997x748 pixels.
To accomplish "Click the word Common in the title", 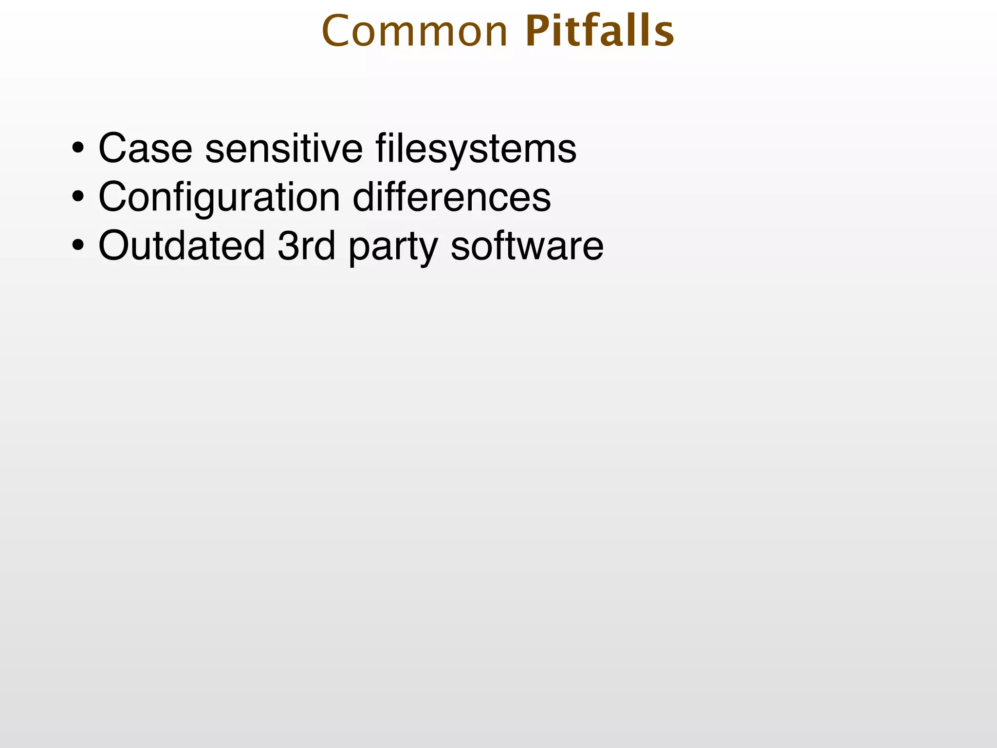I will point(415,32).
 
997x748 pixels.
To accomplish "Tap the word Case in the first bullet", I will point(145,148).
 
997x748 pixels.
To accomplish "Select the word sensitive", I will point(284,148).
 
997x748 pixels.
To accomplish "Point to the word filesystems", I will point(476,149).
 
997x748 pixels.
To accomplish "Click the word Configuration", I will point(219,198).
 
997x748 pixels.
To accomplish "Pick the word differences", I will point(452,197).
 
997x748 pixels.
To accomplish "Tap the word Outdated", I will point(182,245).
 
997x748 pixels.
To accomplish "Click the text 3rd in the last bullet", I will point(306,245).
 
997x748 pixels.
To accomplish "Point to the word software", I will point(527,245).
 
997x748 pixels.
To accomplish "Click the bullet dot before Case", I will point(77,148).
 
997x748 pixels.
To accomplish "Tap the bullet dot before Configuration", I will point(77,197).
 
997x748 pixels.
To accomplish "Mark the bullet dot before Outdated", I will point(77,245).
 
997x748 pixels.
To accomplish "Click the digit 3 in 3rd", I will point(288,246).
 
